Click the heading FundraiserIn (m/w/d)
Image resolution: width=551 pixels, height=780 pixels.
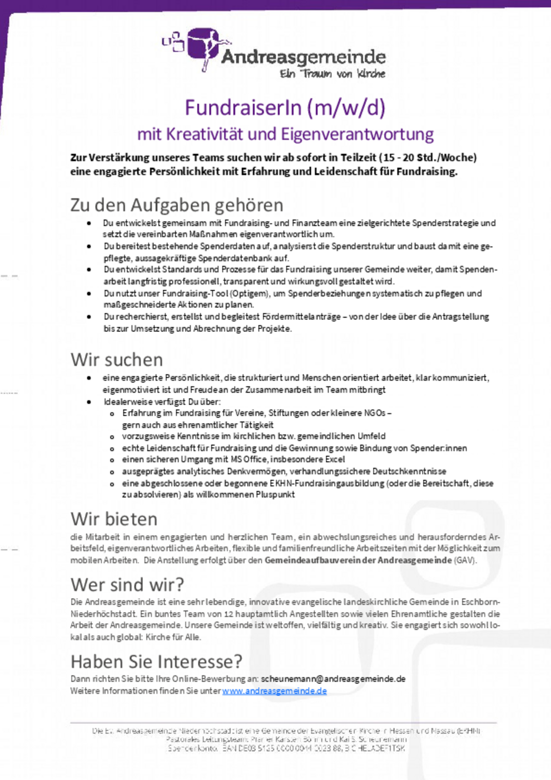point(285,107)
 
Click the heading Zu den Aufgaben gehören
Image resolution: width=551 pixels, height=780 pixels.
point(177,205)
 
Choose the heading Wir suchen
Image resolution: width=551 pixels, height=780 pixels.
point(116,359)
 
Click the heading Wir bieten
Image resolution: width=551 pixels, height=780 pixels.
point(114,519)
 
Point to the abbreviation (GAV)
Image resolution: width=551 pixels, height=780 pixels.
point(465,560)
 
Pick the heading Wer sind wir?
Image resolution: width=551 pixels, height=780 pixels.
point(127,584)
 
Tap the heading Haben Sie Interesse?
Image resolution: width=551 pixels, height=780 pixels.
point(156,661)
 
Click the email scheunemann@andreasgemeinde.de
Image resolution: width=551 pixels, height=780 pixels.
point(333,679)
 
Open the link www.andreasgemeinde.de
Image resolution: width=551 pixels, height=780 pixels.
point(275,691)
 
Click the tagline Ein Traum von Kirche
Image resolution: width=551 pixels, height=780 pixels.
point(332,73)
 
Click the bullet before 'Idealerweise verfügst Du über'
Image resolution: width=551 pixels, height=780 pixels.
point(89,401)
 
